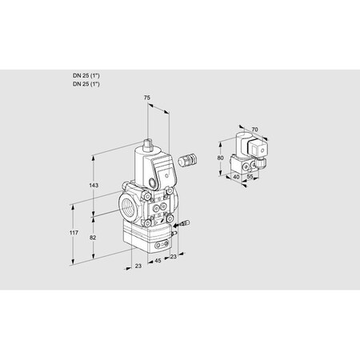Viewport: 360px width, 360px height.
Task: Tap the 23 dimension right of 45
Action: coord(174,258)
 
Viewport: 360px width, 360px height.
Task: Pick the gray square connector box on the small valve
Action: coord(259,147)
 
